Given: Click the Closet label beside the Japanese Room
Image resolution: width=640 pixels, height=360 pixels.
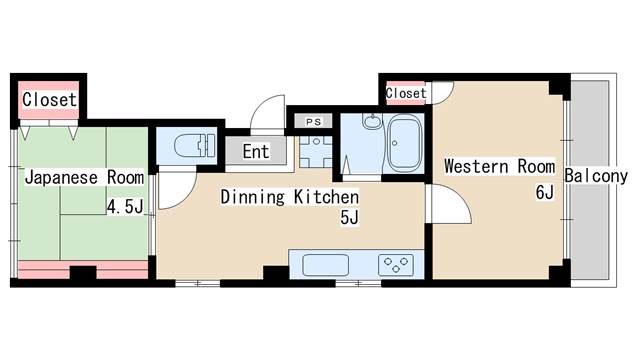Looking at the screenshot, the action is coord(49,100).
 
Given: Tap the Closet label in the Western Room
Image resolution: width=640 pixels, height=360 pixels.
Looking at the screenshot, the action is coord(406,93).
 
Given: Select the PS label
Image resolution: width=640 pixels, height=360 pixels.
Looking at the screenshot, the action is coord(313,122).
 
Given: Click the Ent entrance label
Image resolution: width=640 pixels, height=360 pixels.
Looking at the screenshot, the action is coord(256,151).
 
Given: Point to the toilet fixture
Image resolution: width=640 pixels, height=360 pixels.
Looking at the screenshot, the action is coord(195,146).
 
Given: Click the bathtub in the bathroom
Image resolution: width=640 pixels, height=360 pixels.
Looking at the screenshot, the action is coord(404,142).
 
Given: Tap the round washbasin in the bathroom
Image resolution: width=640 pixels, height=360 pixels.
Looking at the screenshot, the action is coord(372,121).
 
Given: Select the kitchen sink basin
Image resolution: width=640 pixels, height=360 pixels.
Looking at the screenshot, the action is coord(325,265).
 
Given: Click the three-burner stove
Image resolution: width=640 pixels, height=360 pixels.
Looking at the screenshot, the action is coord(396,265).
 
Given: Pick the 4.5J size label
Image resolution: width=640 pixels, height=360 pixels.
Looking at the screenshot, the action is coord(125,207).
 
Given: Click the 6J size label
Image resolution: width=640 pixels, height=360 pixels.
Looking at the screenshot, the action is coord(544,192).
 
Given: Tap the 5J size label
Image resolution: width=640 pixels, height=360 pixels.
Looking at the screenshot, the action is coord(349,218).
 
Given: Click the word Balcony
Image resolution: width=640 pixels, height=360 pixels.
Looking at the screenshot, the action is coord(596,176).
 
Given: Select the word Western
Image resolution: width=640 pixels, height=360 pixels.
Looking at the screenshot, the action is coord(476,167).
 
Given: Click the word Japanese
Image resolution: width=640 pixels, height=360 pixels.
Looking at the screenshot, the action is coord(61,178).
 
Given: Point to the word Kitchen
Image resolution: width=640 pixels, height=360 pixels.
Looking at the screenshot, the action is coord(326,197).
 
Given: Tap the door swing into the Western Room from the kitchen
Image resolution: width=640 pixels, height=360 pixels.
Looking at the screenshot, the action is coord(452,203).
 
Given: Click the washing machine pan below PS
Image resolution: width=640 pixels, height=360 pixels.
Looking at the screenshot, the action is coord(316,151).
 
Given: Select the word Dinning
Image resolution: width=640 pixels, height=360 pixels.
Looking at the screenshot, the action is coord(252,197).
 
